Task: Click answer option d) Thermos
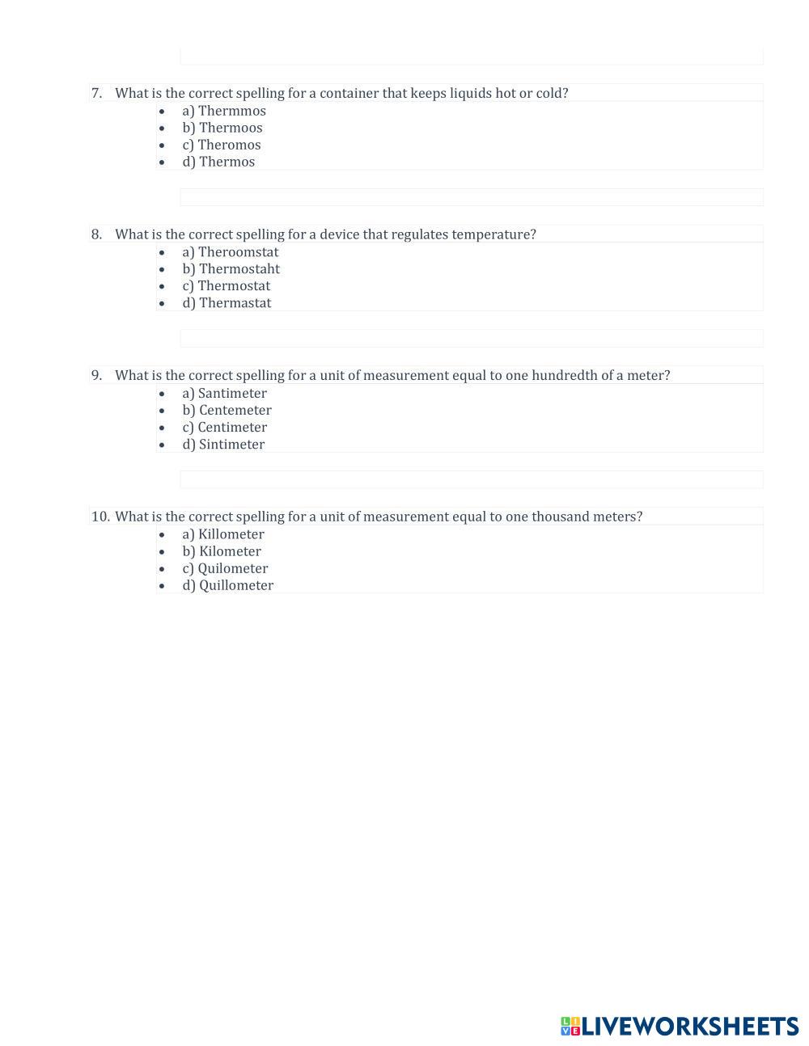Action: (x=218, y=162)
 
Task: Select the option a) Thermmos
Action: (x=224, y=111)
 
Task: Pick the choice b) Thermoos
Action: (x=222, y=128)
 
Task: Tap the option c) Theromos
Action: (x=222, y=145)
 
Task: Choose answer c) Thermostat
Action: (x=227, y=286)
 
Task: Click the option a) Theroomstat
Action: (x=231, y=252)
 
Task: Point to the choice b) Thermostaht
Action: (x=231, y=269)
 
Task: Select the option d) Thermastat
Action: (x=227, y=303)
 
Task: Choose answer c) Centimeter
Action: (x=225, y=428)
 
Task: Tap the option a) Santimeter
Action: (x=224, y=394)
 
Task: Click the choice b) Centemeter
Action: (x=227, y=411)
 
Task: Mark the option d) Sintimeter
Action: (x=223, y=445)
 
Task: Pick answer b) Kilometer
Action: (x=222, y=551)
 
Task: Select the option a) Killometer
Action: (x=223, y=534)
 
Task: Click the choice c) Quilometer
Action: (x=225, y=568)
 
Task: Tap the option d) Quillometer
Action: (x=228, y=585)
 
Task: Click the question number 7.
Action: (x=97, y=93)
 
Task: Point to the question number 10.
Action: (x=100, y=517)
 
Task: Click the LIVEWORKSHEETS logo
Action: (x=680, y=1027)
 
